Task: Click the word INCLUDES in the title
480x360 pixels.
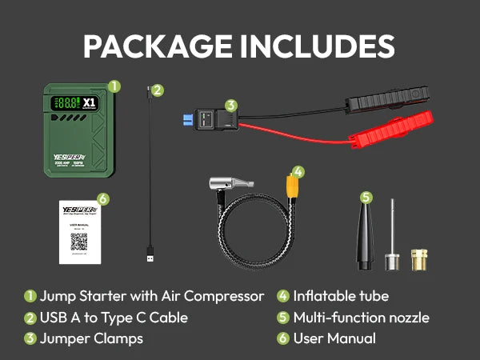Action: pos(318,46)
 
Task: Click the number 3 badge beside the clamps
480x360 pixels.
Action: pos(231,105)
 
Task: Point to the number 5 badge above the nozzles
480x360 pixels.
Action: pos(366,197)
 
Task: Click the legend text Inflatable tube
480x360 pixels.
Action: pos(341,296)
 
